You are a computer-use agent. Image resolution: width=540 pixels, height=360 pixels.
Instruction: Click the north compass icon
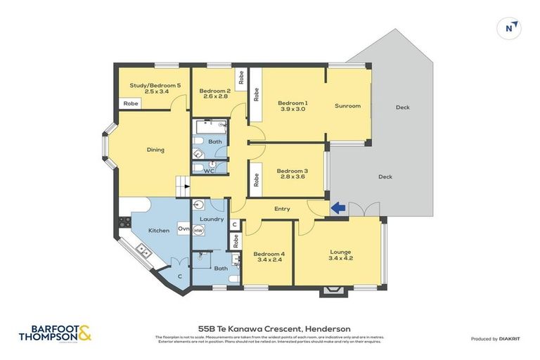510,28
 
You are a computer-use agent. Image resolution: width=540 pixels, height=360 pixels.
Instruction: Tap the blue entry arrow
338,207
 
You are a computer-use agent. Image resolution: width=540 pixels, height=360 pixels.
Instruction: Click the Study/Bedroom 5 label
155,85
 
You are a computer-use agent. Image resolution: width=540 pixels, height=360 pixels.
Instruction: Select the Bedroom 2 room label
214,91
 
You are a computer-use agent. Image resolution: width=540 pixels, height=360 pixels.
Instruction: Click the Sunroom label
347,106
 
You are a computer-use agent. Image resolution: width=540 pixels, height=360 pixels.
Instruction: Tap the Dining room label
155,149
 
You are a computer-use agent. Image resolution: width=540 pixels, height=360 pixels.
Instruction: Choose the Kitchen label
158,230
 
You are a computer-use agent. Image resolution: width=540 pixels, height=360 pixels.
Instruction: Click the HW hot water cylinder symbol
198,230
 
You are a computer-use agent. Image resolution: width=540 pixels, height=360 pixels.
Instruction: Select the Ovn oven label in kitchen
183,229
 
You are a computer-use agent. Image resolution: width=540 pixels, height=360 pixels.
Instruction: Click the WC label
209,171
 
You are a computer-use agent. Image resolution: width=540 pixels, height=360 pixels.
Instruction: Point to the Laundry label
212,219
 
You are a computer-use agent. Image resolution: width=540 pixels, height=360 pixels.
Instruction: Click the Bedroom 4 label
267,254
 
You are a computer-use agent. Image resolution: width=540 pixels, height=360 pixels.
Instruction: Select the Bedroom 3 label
292,171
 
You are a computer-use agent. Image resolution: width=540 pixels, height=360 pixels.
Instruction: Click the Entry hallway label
281,208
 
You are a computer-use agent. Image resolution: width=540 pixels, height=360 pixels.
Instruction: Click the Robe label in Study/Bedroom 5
130,103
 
